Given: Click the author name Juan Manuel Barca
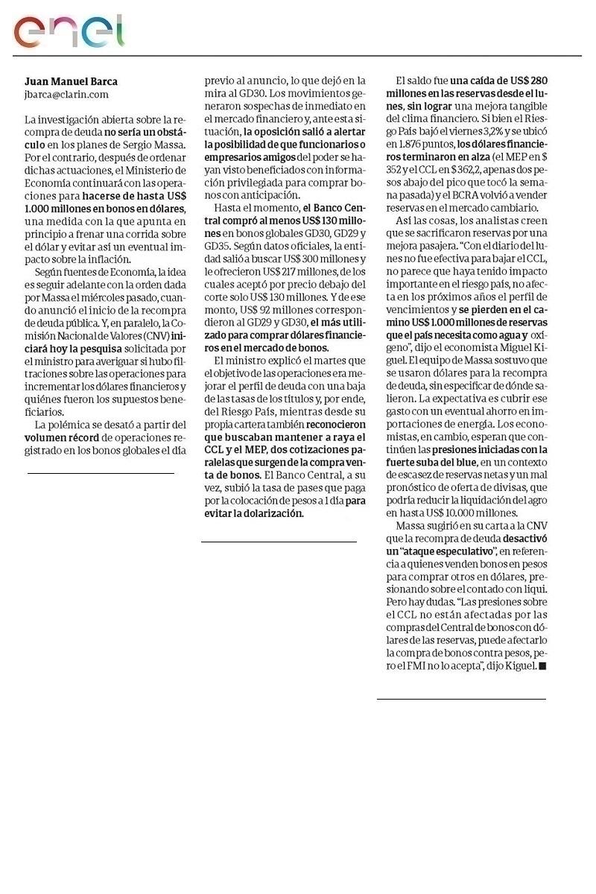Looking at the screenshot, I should point(71,81).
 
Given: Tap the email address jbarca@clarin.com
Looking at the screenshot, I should point(66,95).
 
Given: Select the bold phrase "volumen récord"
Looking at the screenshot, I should point(57,438).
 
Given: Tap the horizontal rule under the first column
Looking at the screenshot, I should point(101,473).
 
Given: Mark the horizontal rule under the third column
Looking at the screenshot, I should point(461,699).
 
